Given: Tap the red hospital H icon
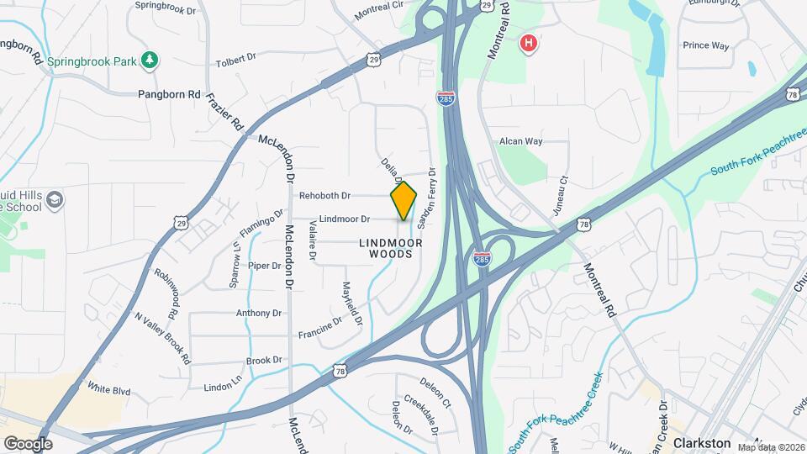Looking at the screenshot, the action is [x=529, y=42].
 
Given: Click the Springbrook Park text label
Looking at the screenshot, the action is [x=92, y=61].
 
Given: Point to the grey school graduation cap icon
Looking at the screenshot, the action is [x=55, y=200].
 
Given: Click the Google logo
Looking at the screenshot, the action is [x=28, y=443].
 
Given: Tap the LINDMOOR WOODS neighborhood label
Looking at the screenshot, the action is [x=386, y=247].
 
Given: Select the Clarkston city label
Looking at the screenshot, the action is [x=702, y=442].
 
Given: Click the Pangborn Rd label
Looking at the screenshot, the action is [x=169, y=94].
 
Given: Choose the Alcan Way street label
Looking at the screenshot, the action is [x=521, y=141].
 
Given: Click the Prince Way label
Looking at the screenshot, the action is [x=705, y=45].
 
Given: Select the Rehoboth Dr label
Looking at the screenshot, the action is [x=324, y=196].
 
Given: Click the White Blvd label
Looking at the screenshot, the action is [x=109, y=388].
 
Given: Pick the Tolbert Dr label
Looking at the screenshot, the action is [x=235, y=60].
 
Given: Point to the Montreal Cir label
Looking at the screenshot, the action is [x=379, y=12].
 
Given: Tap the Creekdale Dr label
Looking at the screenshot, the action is [x=423, y=414].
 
